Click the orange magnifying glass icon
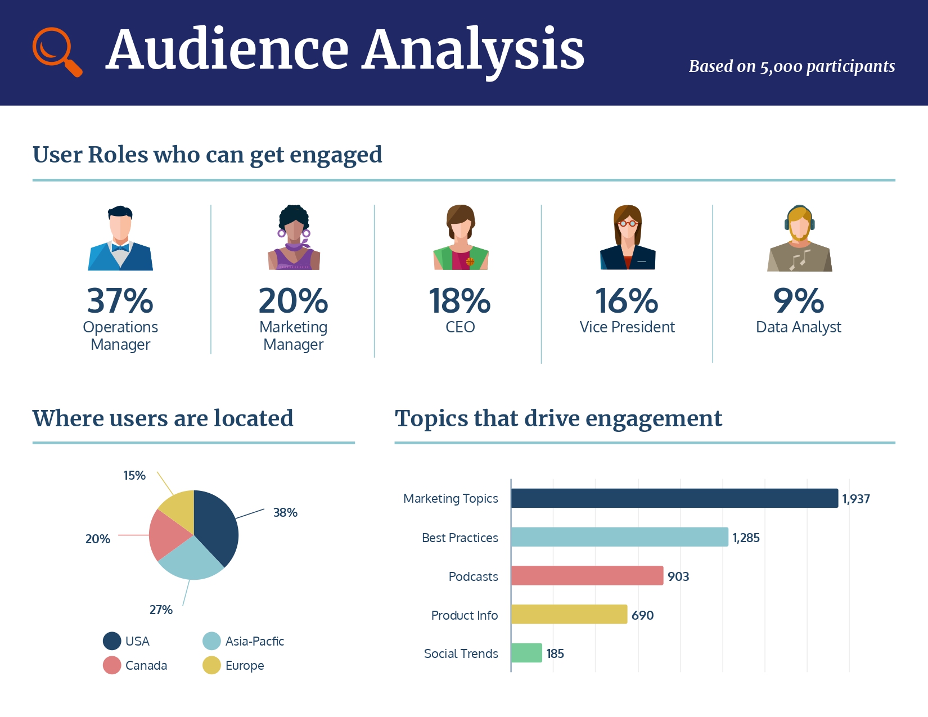(56, 51)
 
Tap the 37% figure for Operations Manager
(120, 301)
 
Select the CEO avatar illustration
(461, 238)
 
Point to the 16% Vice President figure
(627, 301)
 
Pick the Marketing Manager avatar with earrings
(294, 238)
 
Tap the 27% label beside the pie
(161, 610)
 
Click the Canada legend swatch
(112, 665)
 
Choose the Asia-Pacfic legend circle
(211, 641)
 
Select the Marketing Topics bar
(674, 498)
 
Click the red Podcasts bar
(587, 576)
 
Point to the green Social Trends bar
(526, 653)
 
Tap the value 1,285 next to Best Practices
(746, 538)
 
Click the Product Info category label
(464, 615)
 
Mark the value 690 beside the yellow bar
(642, 615)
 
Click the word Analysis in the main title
(474, 51)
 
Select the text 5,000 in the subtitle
(781, 67)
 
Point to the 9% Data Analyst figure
(799, 301)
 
